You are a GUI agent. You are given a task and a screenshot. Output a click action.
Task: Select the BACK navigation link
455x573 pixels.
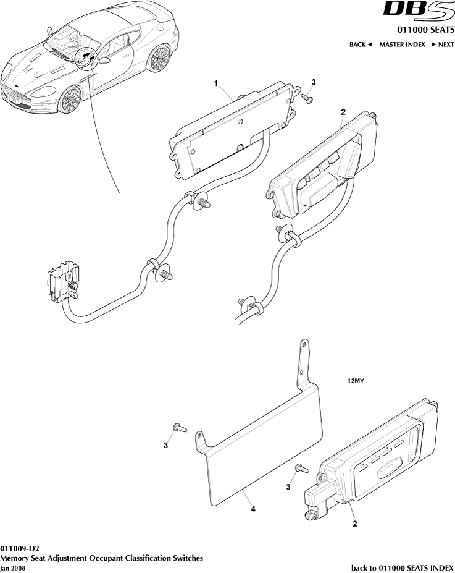(x=361, y=45)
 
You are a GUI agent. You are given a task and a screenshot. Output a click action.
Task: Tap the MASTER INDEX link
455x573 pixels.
(x=402, y=45)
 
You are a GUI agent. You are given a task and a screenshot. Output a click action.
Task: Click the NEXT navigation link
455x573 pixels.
(x=443, y=45)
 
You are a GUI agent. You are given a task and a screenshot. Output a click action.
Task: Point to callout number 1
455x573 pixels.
(x=216, y=83)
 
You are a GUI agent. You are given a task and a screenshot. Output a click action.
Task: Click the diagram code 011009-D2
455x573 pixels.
(x=24, y=548)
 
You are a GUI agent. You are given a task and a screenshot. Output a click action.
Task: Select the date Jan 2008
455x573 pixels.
(x=14, y=567)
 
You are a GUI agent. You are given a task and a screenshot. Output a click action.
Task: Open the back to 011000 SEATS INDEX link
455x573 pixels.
(x=403, y=567)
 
